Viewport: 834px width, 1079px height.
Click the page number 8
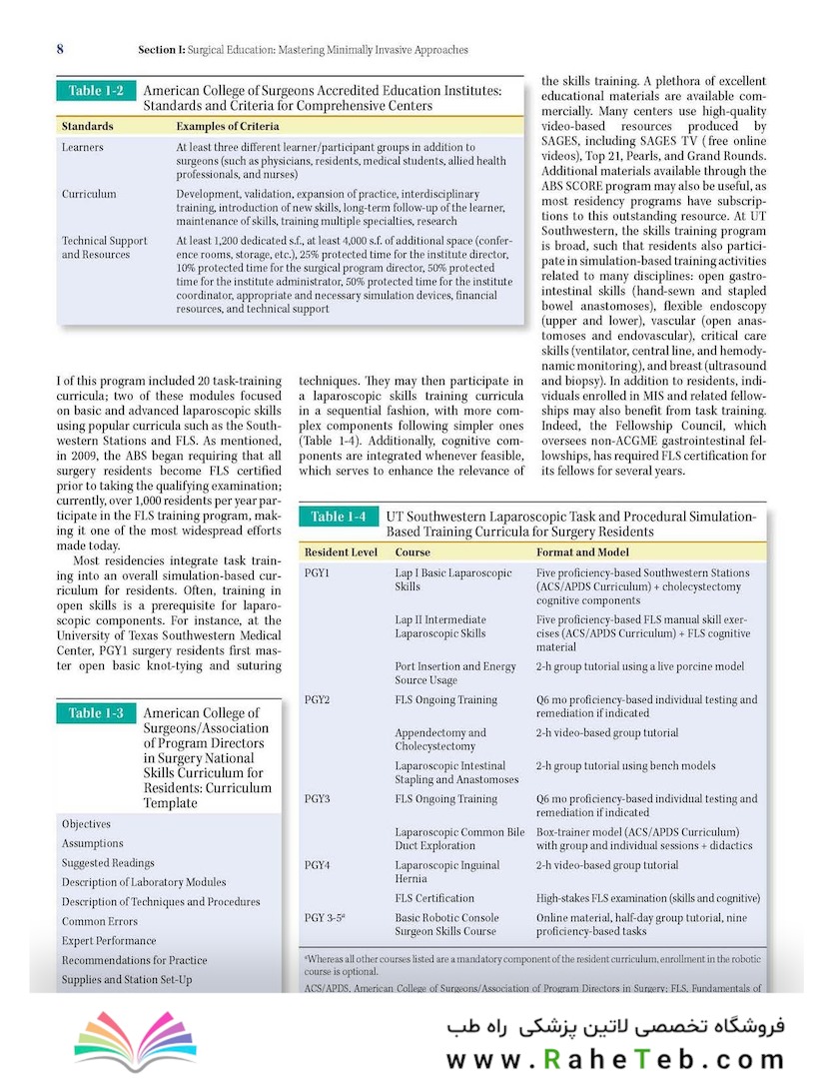60,49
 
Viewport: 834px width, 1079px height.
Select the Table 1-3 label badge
96,713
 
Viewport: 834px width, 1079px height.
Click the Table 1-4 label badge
338,517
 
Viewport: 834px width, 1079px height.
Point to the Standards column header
87,127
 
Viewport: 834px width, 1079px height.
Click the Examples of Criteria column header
227,127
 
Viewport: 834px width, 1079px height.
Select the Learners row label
82,148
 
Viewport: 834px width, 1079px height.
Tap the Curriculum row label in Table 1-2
89,194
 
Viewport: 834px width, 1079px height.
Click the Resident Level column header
341,551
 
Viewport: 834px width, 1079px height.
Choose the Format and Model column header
582,551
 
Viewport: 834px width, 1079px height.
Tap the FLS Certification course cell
434,898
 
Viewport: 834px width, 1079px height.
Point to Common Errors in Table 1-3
99,921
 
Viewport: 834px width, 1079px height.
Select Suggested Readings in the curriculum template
108,863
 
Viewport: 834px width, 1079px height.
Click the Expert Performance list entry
109,941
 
